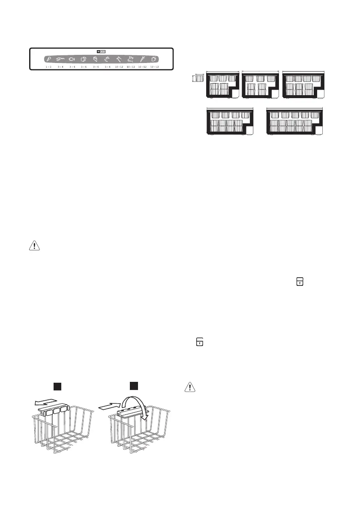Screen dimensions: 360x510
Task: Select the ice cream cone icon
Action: (x=48, y=59)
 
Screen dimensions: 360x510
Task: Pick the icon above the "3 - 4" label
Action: (x=60, y=59)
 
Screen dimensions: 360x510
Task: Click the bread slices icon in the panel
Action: (x=84, y=59)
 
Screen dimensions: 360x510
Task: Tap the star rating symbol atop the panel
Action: (x=101, y=51)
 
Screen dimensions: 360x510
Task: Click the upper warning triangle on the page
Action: (x=33, y=246)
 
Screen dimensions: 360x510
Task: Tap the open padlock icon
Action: (x=200, y=342)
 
